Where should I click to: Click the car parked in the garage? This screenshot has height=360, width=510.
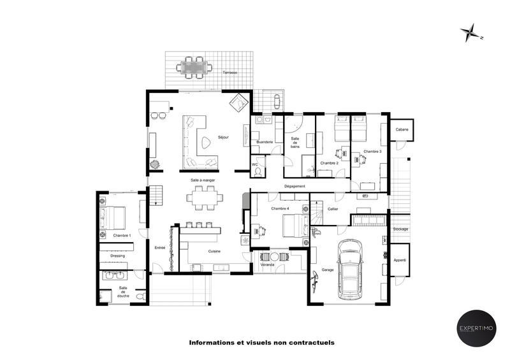point(349,270)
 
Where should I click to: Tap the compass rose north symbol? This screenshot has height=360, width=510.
point(472,31)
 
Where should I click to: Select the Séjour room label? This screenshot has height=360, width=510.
point(223,137)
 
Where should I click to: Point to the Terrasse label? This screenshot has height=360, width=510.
point(229,73)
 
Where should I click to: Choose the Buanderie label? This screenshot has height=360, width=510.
point(265,141)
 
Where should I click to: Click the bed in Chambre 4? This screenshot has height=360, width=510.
point(294,225)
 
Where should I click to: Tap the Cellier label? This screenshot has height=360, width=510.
point(333,209)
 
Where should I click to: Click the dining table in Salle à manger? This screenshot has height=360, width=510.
point(205,197)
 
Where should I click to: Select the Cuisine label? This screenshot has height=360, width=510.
point(214,251)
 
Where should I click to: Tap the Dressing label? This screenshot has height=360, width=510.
point(117,256)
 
